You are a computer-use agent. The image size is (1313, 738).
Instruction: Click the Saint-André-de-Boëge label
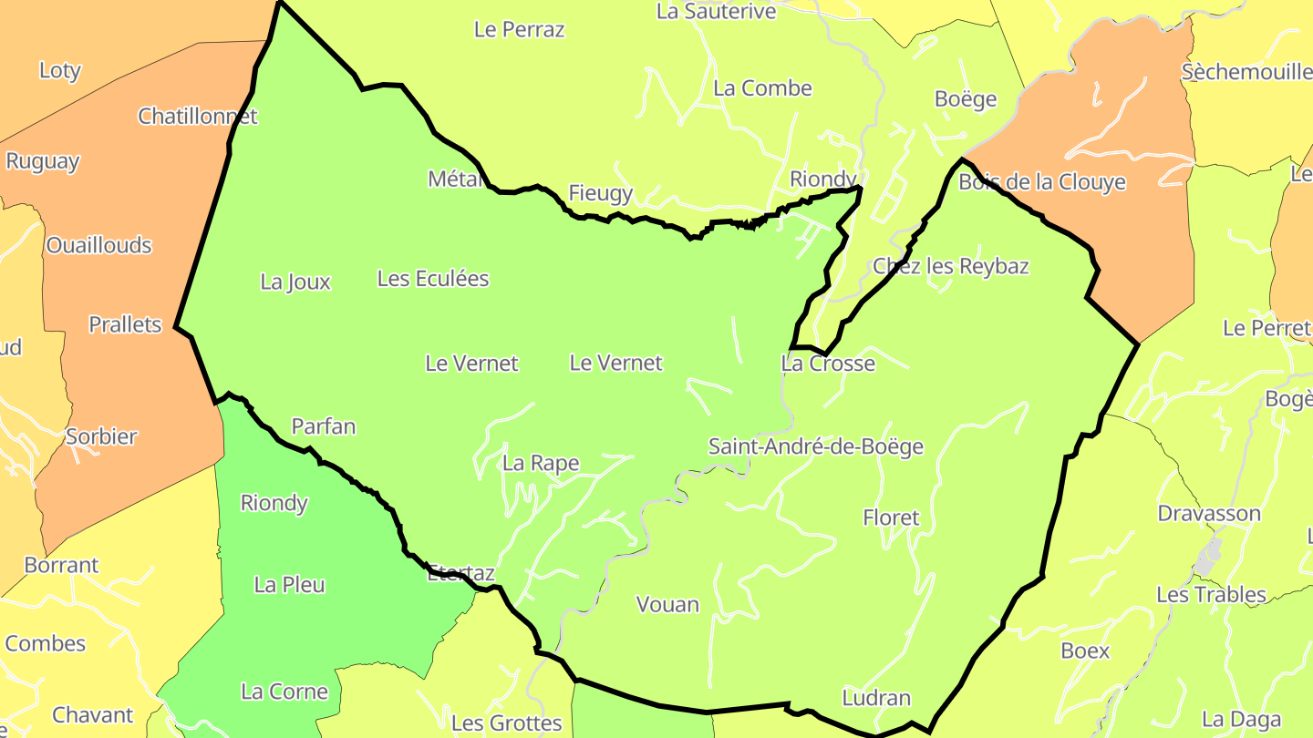[816, 446]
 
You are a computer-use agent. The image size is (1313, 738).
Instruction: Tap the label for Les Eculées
[433, 279]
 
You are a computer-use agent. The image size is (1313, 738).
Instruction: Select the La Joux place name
[295, 282]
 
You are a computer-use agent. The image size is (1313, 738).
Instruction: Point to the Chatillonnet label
[198, 117]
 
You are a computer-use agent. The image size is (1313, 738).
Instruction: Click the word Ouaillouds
[98, 246]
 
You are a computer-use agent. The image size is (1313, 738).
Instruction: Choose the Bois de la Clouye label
[1042, 182]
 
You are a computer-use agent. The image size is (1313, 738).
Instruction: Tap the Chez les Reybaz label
[951, 266]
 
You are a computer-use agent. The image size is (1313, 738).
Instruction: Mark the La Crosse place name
[828, 364]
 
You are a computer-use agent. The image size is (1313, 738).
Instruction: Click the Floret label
[891, 518]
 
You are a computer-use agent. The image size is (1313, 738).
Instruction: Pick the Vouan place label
[667, 605]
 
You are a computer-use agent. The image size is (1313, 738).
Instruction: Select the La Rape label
[541, 463]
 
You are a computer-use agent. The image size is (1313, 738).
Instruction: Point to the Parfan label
[324, 426]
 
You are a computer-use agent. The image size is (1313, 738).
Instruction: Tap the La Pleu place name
[290, 585]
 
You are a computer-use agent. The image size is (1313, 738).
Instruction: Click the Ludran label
[876, 698]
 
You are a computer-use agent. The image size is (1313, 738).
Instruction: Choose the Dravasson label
[1209, 514]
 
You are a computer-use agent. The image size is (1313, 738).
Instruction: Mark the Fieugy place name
[600, 193]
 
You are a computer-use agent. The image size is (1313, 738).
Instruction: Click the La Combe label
[762, 88]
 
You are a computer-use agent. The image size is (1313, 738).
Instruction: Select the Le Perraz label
[520, 29]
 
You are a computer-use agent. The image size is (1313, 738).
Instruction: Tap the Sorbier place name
[101, 436]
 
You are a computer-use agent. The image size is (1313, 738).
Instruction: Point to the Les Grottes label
[507, 723]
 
